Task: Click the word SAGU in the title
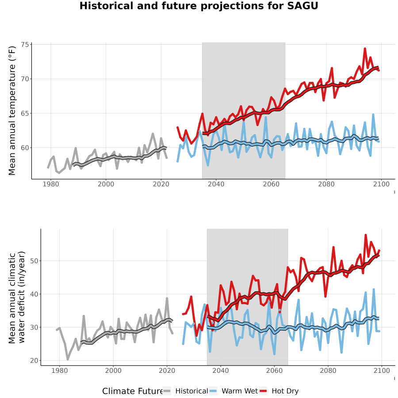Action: tap(302, 6)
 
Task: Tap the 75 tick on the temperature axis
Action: tap(25, 45)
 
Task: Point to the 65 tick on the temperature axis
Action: tap(25, 114)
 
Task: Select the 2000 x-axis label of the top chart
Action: tap(106, 184)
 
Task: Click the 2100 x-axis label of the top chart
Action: tap(381, 184)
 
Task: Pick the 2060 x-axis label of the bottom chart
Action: tap(274, 371)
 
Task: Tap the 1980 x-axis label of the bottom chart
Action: tap(59, 371)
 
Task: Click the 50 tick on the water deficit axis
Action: tap(34, 261)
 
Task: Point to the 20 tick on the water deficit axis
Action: tap(34, 360)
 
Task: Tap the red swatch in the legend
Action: tap(264, 391)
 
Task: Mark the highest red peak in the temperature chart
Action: tap(365, 48)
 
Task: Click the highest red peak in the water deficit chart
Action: tap(366, 235)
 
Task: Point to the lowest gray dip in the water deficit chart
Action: tap(68, 360)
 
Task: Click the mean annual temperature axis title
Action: tap(12, 111)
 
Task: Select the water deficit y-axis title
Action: tap(17, 297)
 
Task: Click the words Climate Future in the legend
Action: tap(132, 391)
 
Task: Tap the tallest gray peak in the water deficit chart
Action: tap(167, 298)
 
